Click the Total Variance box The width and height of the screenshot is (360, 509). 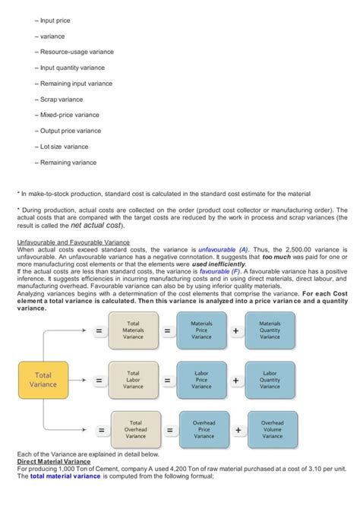(43, 380)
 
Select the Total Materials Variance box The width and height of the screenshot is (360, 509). (134, 330)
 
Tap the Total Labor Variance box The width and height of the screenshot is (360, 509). (134, 380)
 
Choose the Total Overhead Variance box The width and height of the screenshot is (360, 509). (136, 429)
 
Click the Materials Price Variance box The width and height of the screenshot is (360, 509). (201, 330)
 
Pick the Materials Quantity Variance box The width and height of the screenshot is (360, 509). (270, 330)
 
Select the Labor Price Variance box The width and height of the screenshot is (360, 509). (201, 380)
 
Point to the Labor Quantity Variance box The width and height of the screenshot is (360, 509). (270, 380)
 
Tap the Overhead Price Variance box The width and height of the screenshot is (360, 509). (204, 429)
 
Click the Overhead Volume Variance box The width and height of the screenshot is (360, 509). (273, 429)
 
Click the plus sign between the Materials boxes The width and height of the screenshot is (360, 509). (236, 331)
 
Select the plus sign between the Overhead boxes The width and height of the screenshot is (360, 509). (238, 430)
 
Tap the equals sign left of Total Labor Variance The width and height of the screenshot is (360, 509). (99, 380)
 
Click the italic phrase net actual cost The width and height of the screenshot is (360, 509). (96, 226)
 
